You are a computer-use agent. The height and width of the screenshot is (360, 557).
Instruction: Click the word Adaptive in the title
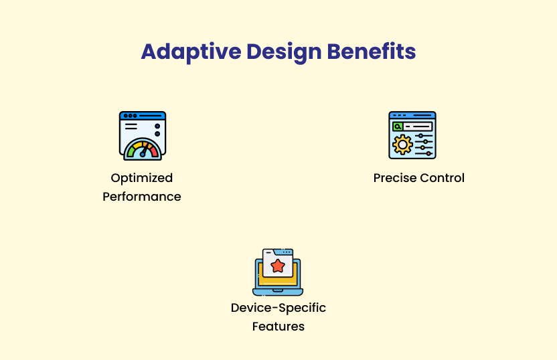191,52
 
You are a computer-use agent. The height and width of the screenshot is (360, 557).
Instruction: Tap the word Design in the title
284,52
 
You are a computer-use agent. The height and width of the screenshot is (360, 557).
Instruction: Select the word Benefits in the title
371,52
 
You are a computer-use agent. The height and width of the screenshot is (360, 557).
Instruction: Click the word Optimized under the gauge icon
142,178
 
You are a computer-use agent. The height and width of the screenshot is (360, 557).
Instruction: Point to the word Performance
142,197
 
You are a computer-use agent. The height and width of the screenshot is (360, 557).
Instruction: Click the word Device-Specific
278,308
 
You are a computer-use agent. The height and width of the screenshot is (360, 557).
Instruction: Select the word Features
278,327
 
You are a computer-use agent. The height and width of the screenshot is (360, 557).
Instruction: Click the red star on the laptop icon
278,266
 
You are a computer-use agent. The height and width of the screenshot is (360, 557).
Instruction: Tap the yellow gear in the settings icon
402,145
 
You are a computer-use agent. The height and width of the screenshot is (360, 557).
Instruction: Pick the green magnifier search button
398,126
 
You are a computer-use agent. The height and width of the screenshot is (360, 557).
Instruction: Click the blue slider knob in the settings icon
421,136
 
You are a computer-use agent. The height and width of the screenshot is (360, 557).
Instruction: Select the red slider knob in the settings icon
428,154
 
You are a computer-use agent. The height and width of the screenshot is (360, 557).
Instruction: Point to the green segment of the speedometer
131,152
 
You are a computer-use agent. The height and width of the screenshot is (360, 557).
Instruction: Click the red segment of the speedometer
154,152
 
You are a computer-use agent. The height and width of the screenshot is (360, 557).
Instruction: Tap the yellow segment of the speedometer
139,145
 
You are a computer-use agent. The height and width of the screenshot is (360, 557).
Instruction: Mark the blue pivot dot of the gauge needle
143,155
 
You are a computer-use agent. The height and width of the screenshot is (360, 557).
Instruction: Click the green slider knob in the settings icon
426,142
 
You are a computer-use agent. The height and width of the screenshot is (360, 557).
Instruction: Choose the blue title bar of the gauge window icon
143,115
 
